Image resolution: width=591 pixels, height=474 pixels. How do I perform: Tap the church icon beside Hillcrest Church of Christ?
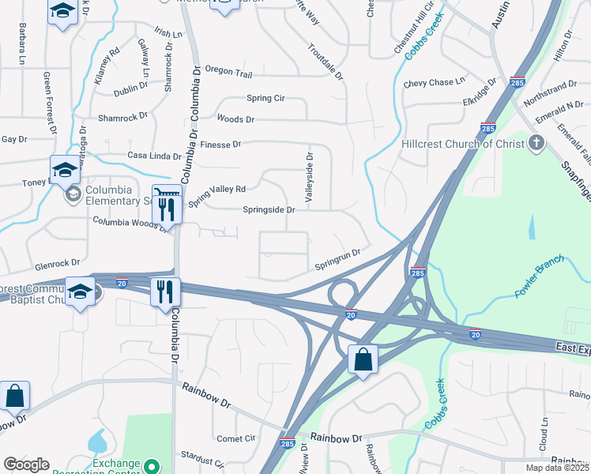(x=536, y=143)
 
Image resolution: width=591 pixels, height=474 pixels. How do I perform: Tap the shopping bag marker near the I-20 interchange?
(x=362, y=360)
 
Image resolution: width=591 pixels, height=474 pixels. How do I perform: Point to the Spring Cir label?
(x=265, y=99)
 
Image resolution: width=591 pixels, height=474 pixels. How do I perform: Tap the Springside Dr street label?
(x=269, y=210)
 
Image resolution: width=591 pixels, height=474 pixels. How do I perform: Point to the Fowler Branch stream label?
(x=540, y=276)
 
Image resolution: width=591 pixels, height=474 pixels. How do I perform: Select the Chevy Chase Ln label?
(x=434, y=82)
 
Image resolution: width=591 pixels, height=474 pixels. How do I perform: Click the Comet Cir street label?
(x=236, y=438)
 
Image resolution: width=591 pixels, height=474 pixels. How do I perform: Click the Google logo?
(x=27, y=465)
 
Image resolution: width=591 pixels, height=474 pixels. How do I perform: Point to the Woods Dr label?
(x=235, y=119)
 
